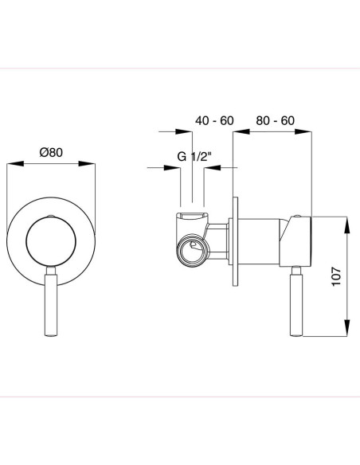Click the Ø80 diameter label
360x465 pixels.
point(51,153)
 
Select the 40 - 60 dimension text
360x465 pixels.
point(214,120)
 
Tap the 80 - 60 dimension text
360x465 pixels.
point(276,120)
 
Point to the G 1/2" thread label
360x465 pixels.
point(193,156)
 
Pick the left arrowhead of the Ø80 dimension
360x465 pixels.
point(11,165)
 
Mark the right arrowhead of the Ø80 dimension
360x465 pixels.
point(90,165)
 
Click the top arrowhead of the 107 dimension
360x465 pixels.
point(347,221)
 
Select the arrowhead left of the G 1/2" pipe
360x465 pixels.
point(176,167)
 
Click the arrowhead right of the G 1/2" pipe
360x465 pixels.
point(210,167)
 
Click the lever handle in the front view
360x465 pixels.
point(51,303)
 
